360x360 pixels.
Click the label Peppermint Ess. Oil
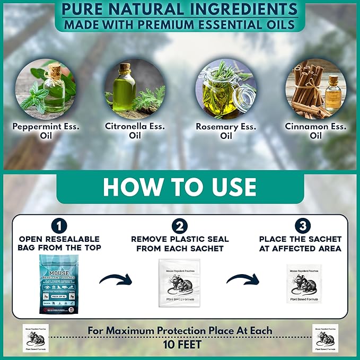(x=46, y=131)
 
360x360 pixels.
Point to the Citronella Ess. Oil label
(x=135, y=131)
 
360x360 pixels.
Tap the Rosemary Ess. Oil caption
(x=226, y=131)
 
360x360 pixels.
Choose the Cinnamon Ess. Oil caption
(x=316, y=131)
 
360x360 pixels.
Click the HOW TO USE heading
(x=180, y=187)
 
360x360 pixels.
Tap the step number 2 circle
(x=179, y=226)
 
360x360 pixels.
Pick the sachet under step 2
(x=179, y=283)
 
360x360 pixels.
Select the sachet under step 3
(x=304, y=284)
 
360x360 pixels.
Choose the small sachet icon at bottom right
(x=325, y=338)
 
